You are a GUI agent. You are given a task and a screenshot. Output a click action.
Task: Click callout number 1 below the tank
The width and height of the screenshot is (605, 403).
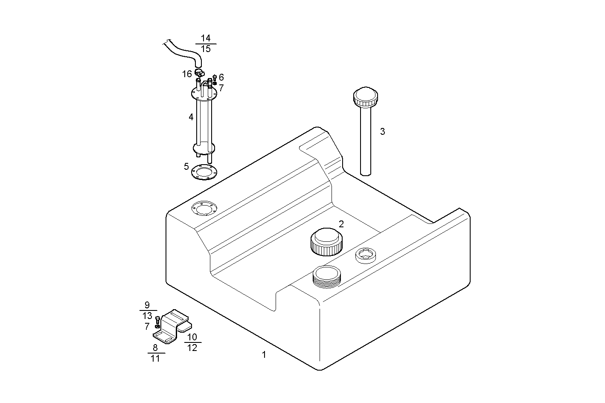point(264,354)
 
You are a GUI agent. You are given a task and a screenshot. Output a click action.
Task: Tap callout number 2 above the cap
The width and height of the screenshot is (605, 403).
point(341,224)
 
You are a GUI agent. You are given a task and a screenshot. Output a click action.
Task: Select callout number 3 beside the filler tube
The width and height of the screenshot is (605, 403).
point(382,131)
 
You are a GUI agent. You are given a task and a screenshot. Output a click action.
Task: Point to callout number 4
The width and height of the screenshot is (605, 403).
point(191,117)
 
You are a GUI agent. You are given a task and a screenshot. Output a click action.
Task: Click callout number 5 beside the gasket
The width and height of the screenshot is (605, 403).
point(186,166)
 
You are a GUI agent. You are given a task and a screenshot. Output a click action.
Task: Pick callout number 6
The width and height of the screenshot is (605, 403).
point(221,77)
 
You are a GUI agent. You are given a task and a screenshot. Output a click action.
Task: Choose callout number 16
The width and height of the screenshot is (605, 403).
point(187,74)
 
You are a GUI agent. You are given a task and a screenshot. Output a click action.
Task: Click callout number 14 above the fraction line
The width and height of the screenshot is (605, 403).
point(206,38)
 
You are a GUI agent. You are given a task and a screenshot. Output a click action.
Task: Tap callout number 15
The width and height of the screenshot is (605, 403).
point(206,49)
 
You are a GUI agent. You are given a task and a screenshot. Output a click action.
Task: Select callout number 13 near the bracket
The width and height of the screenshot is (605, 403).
point(147,316)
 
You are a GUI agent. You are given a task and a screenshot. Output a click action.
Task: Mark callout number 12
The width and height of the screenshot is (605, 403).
point(192,348)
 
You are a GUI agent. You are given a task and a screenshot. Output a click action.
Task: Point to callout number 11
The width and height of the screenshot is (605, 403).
point(155,359)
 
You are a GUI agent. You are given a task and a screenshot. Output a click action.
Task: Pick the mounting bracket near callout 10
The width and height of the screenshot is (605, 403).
point(173,327)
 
